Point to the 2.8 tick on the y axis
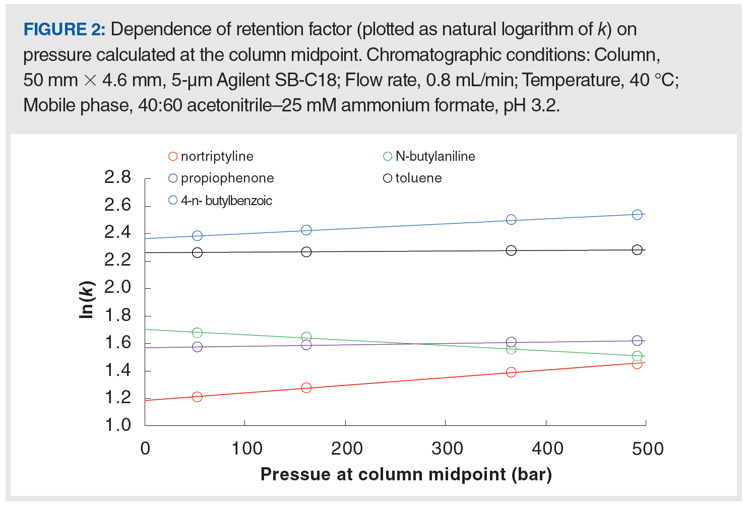point(117,177)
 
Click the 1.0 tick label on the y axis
point(117,425)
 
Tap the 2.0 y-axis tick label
point(117,287)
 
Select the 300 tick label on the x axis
point(447,448)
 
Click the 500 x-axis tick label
point(647,448)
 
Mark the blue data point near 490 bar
point(637,215)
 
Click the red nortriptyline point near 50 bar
point(197,397)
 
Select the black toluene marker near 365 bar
point(511,250)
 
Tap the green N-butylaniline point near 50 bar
point(197,333)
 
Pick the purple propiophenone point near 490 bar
point(637,341)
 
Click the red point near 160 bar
point(306,388)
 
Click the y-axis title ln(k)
point(87,299)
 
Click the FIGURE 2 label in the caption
point(64,29)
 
